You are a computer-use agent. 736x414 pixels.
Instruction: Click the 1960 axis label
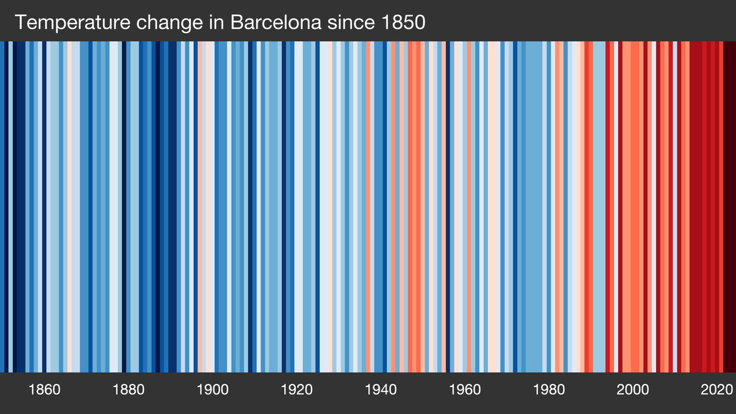tap(465, 389)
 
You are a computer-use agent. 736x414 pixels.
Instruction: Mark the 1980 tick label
tap(549, 389)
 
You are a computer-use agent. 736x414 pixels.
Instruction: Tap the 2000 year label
tap(633, 389)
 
